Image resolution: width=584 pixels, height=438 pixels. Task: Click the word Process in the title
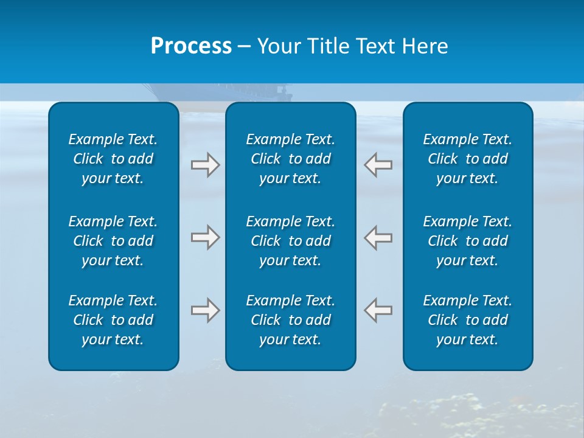pyautogui.click(x=191, y=46)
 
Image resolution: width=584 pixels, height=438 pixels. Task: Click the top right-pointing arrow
pyautogui.click(x=205, y=165)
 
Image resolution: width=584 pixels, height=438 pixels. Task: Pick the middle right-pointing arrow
pyautogui.click(x=205, y=237)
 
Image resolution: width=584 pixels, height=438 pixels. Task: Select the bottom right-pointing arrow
pyautogui.click(x=205, y=310)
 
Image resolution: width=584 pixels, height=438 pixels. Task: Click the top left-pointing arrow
pyautogui.click(x=378, y=165)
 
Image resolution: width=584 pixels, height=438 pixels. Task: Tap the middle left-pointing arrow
pyautogui.click(x=378, y=237)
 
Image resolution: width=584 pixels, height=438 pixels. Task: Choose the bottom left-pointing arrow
pyautogui.click(x=378, y=310)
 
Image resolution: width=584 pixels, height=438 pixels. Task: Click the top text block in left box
pyautogui.click(x=113, y=159)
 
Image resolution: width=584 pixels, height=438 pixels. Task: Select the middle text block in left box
pyautogui.click(x=113, y=241)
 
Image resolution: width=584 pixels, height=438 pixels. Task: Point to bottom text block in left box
pyautogui.click(x=113, y=320)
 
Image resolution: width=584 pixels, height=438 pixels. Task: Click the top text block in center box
pyautogui.click(x=290, y=159)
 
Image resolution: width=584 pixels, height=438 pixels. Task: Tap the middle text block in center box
pyautogui.click(x=290, y=241)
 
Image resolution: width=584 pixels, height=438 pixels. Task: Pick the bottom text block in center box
pyautogui.click(x=290, y=320)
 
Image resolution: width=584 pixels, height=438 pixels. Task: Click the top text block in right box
pyautogui.click(x=467, y=159)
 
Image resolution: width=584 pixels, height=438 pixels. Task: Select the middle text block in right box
pyautogui.click(x=467, y=241)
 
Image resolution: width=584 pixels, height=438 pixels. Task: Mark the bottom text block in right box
pyautogui.click(x=467, y=320)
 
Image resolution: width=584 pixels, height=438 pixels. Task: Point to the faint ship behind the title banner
pyautogui.click(x=219, y=94)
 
